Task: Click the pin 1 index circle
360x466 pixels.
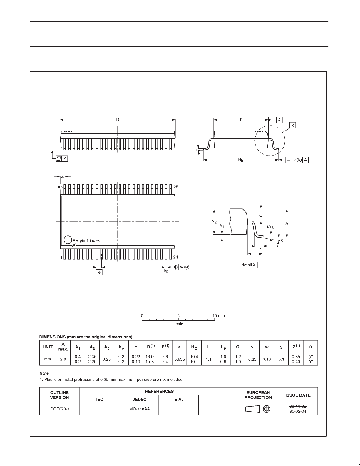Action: tap(68, 240)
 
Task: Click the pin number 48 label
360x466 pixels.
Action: tap(60, 187)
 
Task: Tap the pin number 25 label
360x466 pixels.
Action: tap(176, 187)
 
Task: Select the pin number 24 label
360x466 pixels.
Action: tap(175, 257)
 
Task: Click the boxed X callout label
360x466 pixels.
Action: tap(293, 125)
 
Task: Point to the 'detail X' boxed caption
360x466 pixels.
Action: tap(249, 265)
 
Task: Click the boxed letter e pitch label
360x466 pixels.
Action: tap(99, 273)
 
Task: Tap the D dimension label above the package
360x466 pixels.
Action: tap(118, 120)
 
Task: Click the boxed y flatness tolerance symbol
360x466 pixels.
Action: tap(62, 158)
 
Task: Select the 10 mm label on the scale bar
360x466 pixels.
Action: tap(219, 315)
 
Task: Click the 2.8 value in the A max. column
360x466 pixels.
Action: tap(63, 359)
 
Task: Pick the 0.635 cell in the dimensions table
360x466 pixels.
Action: tap(179, 359)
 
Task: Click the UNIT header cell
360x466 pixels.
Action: tap(48, 347)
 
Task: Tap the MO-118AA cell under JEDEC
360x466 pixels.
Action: tap(139, 409)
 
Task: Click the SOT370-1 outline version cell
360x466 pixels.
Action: tap(60, 409)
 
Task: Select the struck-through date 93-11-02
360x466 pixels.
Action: tap(298, 406)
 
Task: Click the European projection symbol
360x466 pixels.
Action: tap(258, 409)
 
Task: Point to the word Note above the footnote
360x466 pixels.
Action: tap(44, 373)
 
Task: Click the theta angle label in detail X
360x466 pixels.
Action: tap(282, 240)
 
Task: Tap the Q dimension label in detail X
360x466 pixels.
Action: tap(261, 215)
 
